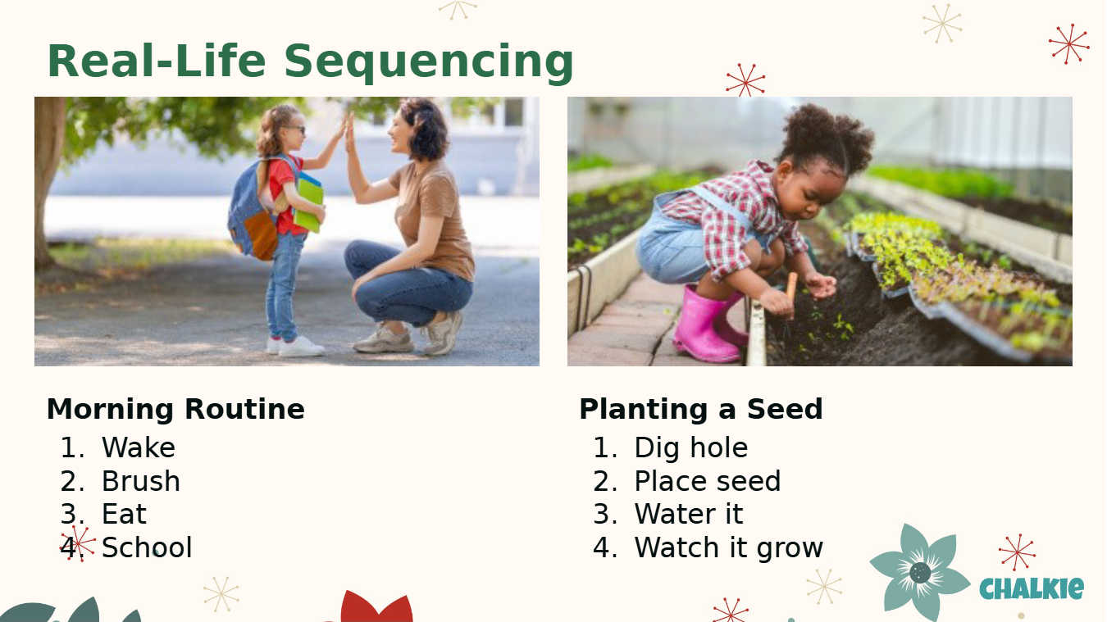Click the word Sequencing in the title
point(429,62)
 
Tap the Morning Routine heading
point(175,409)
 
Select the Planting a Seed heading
point(701,409)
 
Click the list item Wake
point(139,447)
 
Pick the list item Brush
point(141,481)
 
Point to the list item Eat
point(124,515)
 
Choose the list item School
point(147,547)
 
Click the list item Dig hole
point(691,447)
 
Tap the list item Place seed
point(707,481)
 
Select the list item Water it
point(689,515)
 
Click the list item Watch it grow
point(729,548)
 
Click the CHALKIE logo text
point(1032,588)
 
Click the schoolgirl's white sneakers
point(295,346)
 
